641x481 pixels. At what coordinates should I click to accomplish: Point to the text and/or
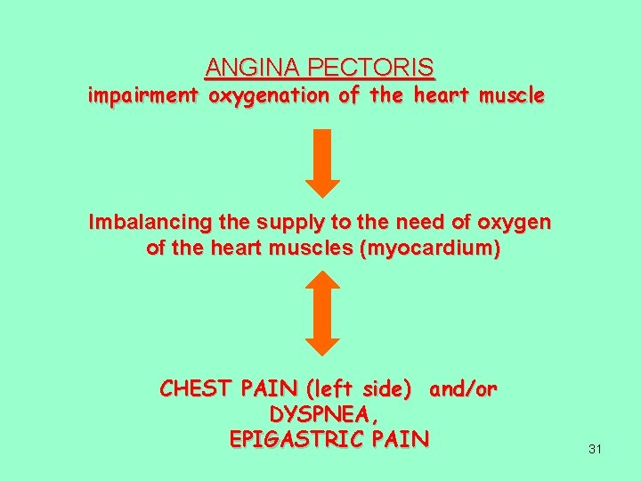click(x=463, y=389)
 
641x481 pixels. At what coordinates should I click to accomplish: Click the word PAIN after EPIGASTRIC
click(x=402, y=439)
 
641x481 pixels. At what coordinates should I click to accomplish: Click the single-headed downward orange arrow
click(x=322, y=163)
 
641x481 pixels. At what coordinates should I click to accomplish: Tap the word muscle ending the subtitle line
click(x=512, y=96)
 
